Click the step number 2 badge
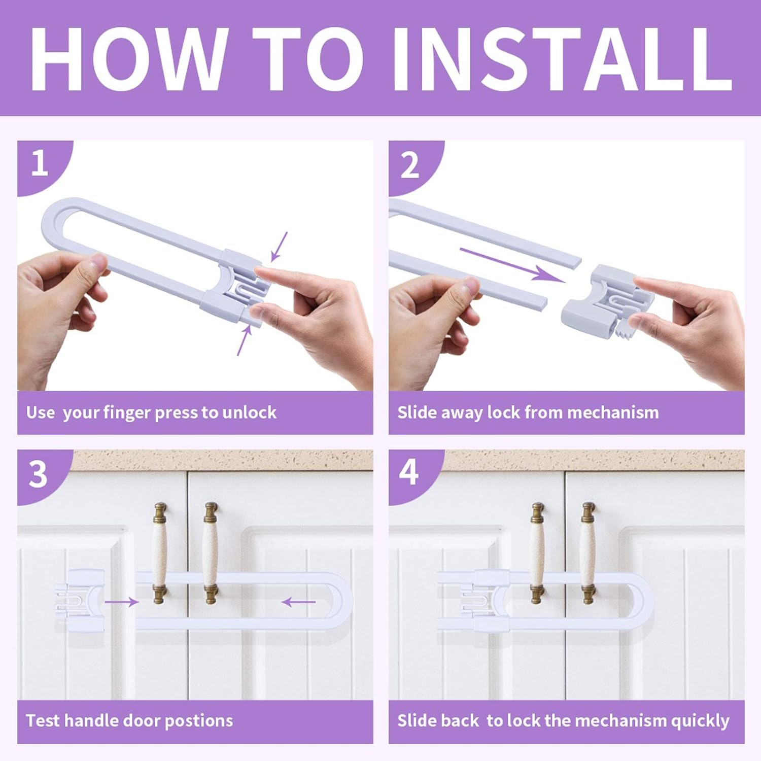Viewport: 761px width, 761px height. pyautogui.click(x=410, y=165)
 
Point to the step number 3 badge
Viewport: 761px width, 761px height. pyautogui.click(x=38, y=474)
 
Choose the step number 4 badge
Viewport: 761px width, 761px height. pyautogui.click(x=409, y=472)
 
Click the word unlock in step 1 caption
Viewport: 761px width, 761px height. pyautogui.click(x=250, y=412)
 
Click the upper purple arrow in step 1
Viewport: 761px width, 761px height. pyautogui.click(x=279, y=247)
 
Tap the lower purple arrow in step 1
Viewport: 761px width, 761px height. pyautogui.click(x=244, y=340)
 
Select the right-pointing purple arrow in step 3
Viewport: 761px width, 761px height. pyautogui.click(x=121, y=602)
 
